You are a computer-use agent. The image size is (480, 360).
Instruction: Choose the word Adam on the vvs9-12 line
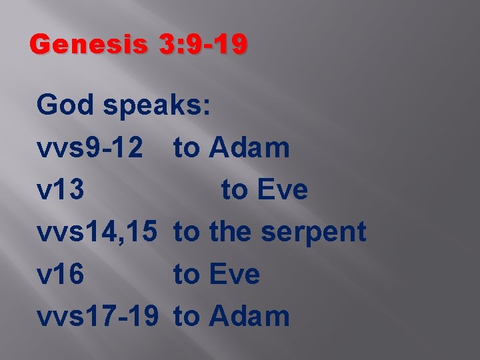pos(249,148)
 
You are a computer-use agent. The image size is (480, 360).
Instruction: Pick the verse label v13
pos(61,190)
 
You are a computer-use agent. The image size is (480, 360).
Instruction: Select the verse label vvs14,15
pos(98,233)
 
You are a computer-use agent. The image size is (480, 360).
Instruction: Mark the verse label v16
pos(61,274)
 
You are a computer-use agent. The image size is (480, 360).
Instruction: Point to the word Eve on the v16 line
pos(235,274)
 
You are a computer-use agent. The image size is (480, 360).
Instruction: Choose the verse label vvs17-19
pos(98,316)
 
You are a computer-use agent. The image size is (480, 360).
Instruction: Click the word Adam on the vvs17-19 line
pos(249,316)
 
